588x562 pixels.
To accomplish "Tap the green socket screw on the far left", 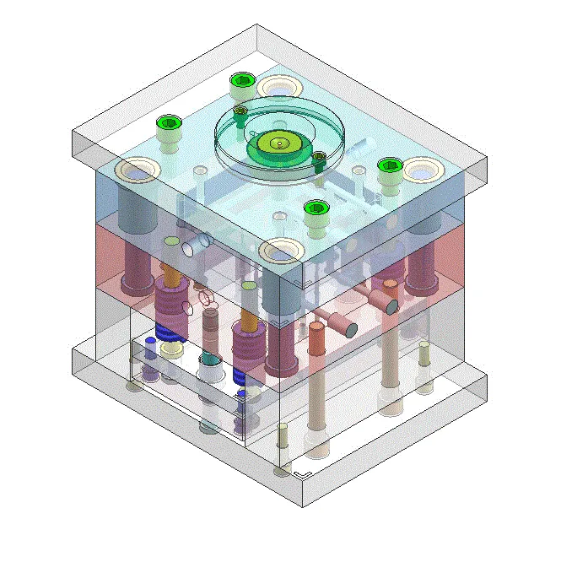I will click(168, 123).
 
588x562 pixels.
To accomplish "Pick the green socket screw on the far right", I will click(389, 165).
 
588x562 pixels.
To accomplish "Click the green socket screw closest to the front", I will click(315, 208).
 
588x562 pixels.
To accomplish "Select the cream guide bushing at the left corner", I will click(138, 170).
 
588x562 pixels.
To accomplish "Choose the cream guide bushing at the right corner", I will click(420, 170).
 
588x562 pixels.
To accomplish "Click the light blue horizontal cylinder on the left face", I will click(196, 244).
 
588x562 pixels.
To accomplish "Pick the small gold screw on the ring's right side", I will click(319, 157).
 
